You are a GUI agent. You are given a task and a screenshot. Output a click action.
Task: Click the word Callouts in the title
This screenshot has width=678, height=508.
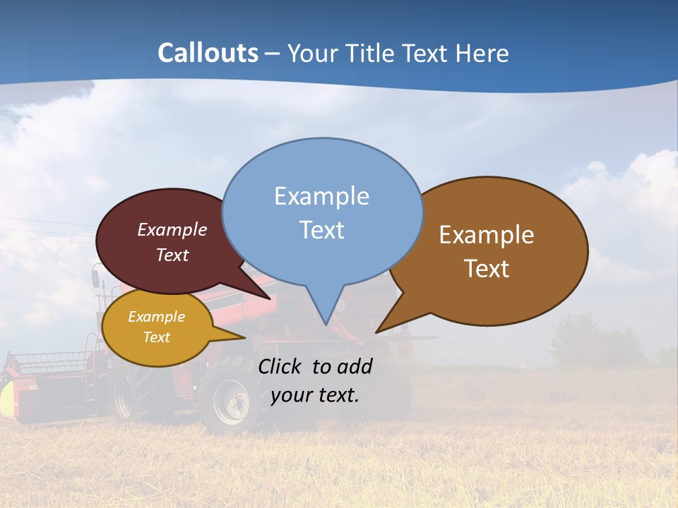(208, 53)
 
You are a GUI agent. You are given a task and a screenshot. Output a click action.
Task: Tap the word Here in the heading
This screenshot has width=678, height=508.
(482, 53)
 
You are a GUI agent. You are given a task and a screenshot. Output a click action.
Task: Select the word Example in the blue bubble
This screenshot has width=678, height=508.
(321, 196)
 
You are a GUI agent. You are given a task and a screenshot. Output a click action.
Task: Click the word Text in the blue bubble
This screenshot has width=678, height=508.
(321, 230)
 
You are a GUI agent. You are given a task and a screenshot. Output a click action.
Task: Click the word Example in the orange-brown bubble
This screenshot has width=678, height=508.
(487, 235)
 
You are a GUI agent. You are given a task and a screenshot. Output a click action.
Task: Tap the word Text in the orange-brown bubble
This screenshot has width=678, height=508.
(487, 269)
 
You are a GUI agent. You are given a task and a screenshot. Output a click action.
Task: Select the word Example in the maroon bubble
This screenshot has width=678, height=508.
(172, 229)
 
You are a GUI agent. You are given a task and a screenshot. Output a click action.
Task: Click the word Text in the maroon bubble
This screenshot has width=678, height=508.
(172, 255)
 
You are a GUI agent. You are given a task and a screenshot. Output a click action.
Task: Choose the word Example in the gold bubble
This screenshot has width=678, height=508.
(156, 317)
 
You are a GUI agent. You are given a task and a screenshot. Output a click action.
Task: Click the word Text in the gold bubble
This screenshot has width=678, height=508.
(156, 337)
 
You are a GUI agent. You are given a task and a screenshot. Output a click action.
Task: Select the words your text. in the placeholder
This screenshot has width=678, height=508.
(315, 395)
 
